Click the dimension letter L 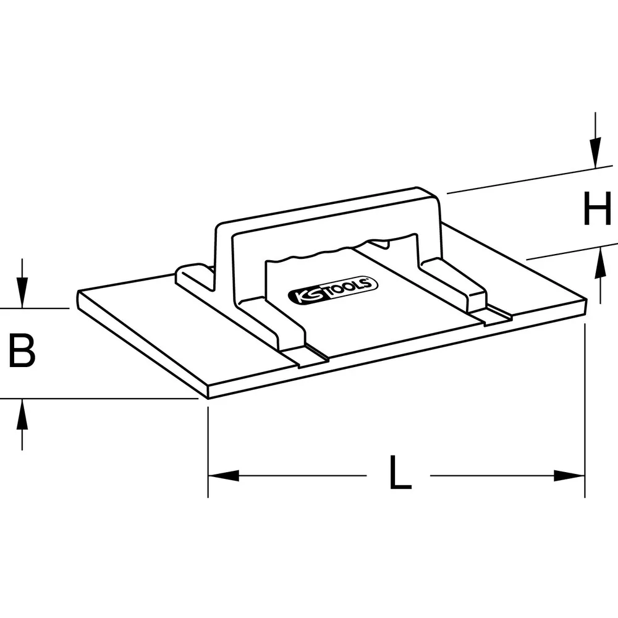pyautogui.click(x=400, y=472)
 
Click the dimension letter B pyautogui.click(x=22, y=350)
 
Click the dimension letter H pyautogui.click(x=597, y=208)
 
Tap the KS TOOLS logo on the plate pyautogui.click(x=333, y=290)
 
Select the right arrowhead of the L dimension pyautogui.click(x=569, y=475)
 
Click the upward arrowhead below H pyautogui.click(x=600, y=263)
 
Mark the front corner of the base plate pyautogui.click(x=208, y=398)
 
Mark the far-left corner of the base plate pyautogui.click(x=78, y=292)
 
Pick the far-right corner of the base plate pyautogui.click(x=587, y=300)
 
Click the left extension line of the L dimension pyautogui.click(x=208, y=452)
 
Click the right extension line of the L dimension pyautogui.click(x=585, y=410)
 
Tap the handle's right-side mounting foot pyautogui.click(x=455, y=283)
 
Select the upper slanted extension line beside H pyautogui.click(x=530, y=179)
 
